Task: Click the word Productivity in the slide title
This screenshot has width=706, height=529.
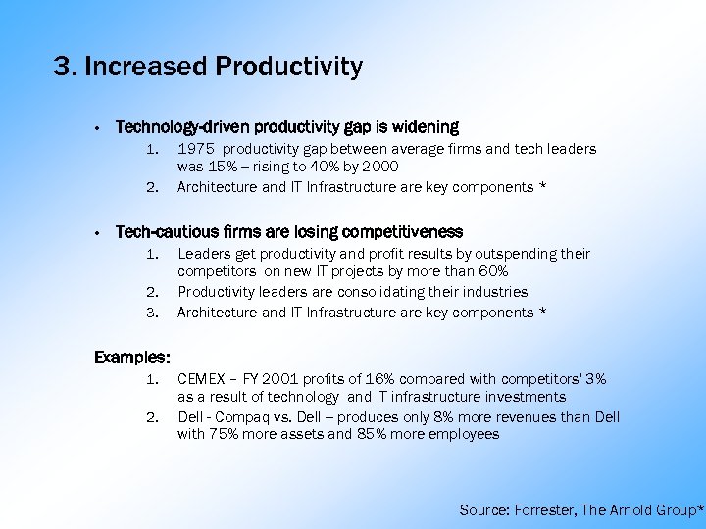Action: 289,67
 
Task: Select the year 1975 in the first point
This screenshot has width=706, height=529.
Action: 196,149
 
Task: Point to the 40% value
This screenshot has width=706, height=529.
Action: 313,168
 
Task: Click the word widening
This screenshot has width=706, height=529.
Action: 424,127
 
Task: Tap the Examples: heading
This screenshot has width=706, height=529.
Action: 132,358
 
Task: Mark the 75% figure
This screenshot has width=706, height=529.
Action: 227,434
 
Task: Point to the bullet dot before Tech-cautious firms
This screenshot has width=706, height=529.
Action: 99,233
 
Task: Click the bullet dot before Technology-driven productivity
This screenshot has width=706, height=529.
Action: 99,128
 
